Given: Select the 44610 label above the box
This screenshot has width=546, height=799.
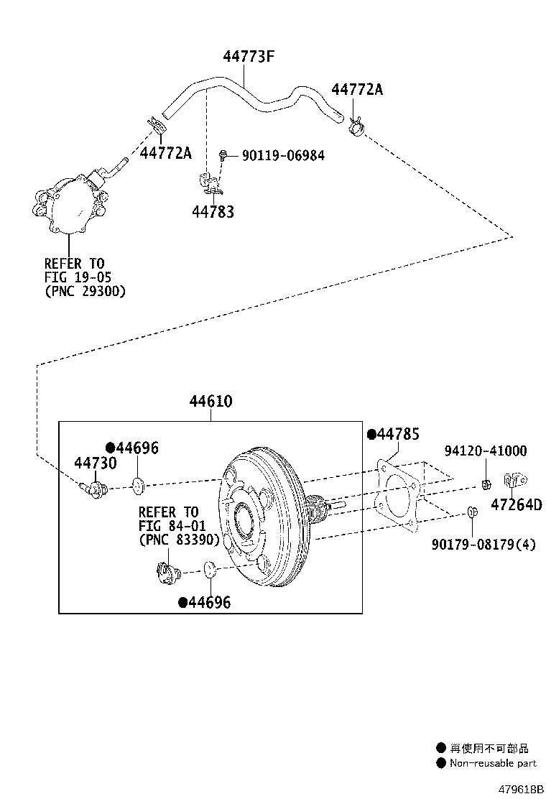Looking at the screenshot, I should [x=211, y=401].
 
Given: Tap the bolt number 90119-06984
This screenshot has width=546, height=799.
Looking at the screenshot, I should [x=282, y=155].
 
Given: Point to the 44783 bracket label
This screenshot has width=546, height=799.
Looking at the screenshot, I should [x=213, y=212].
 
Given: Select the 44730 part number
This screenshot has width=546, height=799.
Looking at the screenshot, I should [x=96, y=463].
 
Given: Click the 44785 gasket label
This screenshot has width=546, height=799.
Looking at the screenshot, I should [x=397, y=434].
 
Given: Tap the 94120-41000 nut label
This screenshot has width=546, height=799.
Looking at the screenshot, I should [x=486, y=451].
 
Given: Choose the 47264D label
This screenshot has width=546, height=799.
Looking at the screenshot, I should [x=517, y=504].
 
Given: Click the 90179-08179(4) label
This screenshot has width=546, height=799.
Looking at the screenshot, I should [x=483, y=544].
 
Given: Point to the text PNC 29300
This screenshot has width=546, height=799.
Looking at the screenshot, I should [x=85, y=292].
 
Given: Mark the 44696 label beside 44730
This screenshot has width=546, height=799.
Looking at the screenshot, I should [x=136, y=448].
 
